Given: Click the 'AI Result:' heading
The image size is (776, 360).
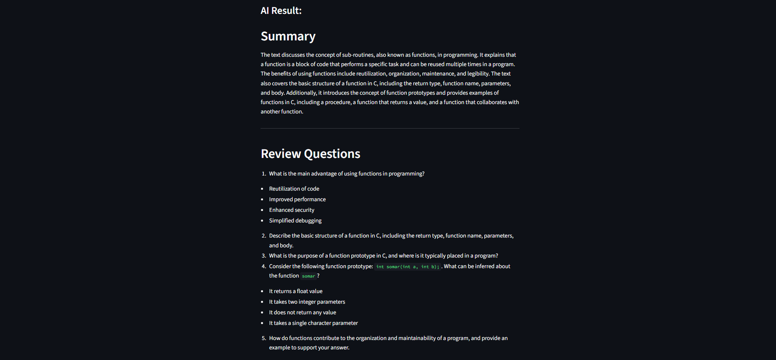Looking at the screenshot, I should click(281, 11).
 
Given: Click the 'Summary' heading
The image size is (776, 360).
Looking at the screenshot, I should click(288, 36).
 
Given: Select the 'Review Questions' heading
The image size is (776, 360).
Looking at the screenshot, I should click(310, 154).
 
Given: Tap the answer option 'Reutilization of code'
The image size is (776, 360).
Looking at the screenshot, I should click(294, 189).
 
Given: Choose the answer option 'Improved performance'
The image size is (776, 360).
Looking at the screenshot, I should click(297, 199).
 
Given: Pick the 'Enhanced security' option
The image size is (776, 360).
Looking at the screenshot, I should click(292, 210).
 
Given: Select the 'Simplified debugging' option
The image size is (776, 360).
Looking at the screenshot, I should click(295, 220).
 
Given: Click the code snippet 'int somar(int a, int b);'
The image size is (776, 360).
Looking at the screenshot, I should click(408, 267).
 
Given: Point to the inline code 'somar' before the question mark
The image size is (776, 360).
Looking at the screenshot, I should click(308, 276).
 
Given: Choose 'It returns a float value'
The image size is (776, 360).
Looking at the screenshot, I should click(296, 291).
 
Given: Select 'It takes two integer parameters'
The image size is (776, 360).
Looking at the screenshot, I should click(307, 302).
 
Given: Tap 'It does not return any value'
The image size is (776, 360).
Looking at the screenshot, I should click(303, 312).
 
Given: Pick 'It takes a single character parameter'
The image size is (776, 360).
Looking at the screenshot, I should click(313, 323).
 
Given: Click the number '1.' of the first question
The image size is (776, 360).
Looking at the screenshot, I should click(264, 174).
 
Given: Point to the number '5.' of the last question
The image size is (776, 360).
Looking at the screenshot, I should click(264, 338).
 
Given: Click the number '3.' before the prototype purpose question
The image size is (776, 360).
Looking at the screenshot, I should click(264, 256).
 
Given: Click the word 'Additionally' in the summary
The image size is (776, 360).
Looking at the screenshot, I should click(301, 93).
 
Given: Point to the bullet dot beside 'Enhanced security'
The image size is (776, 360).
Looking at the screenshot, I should click(262, 210).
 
